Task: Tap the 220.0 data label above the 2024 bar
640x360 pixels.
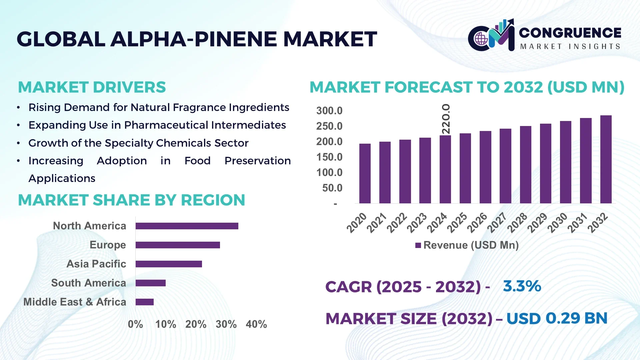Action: (x=446, y=119)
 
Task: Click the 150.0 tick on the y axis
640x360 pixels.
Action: (x=329, y=157)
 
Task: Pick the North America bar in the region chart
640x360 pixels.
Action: (x=187, y=226)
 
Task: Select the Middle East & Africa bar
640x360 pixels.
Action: (x=144, y=302)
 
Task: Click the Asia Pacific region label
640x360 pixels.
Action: (x=96, y=264)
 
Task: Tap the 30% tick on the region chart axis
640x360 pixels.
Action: (x=226, y=324)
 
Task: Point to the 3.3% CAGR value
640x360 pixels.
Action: (x=522, y=286)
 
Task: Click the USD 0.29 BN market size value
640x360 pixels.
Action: (x=557, y=318)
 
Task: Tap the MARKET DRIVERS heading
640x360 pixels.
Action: (x=92, y=87)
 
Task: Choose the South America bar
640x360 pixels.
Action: (x=150, y=283)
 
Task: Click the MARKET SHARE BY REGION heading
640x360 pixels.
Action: (x=131, y=200)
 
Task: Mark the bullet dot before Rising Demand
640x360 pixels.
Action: (x=19, y=108)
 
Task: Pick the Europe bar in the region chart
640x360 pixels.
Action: (x=177, y=245)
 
